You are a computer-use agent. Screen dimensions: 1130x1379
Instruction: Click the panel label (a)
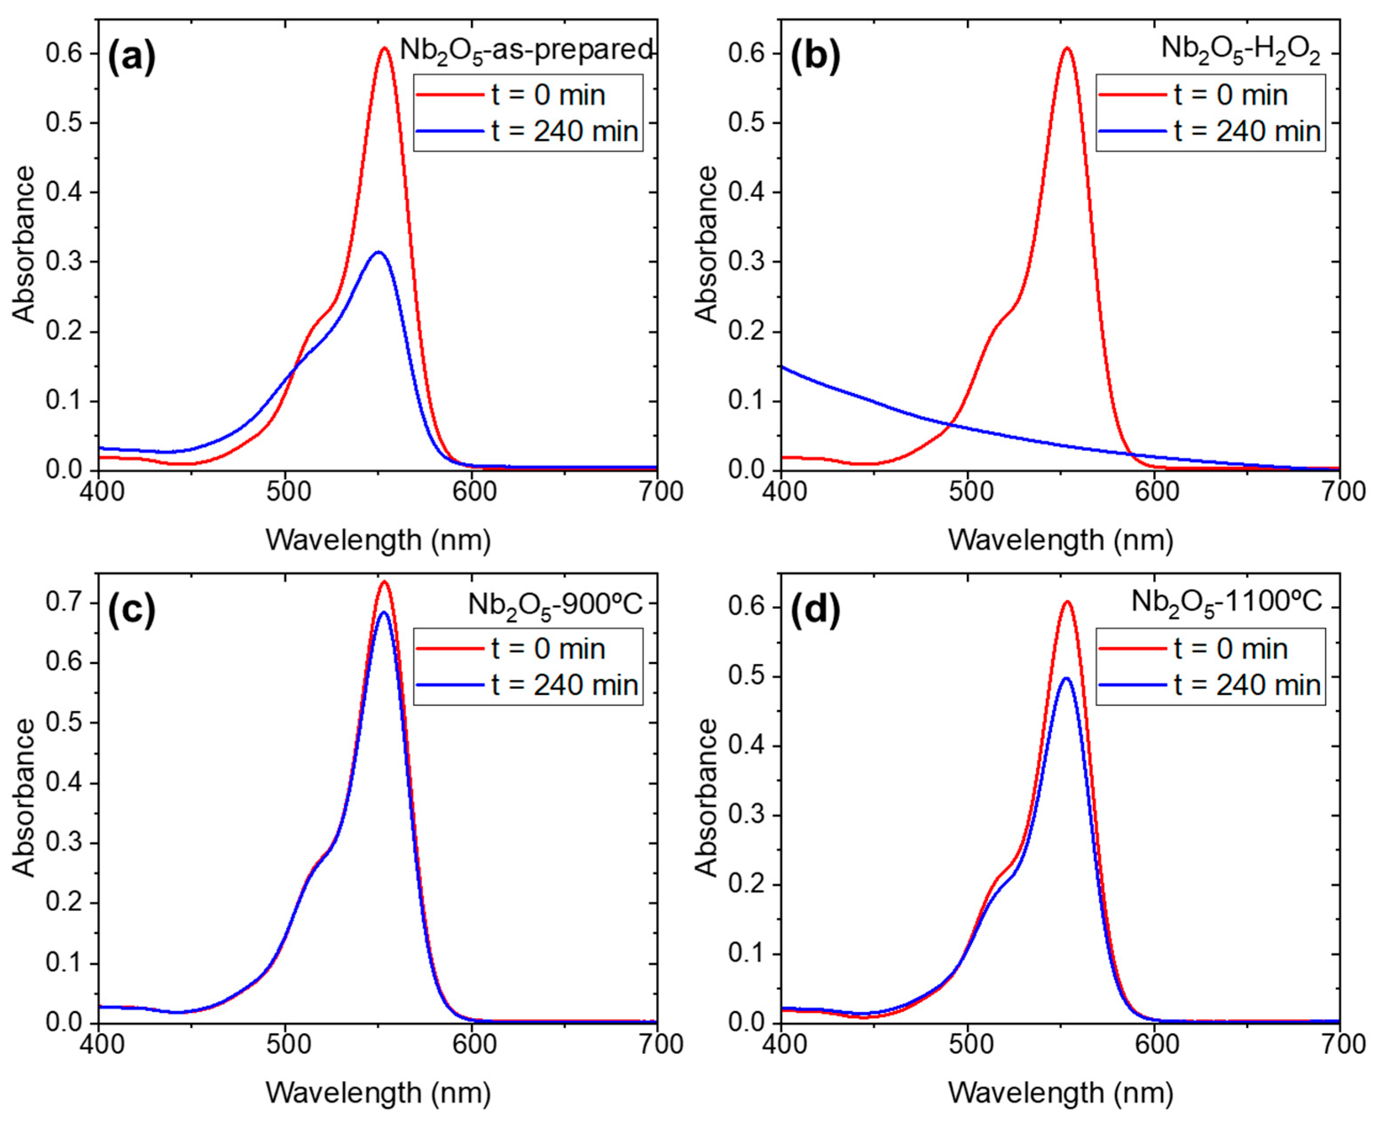tap(132, 57)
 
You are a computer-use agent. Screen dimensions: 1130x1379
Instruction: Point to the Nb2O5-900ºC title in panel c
tap(555, 605)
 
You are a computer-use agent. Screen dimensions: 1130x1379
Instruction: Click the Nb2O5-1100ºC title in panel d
tap(1227, 601)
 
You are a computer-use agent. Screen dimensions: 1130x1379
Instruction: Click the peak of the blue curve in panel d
tap(1066, 678)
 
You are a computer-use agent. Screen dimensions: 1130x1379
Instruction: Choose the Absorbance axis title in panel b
tap(707, 244)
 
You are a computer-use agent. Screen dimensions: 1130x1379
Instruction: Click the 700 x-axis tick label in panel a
tap(659, 491)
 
